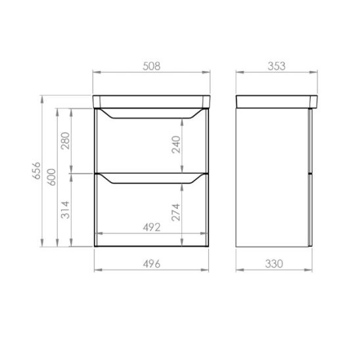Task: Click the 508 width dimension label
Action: tap(152, 66)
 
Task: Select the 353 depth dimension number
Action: tap(277, 66)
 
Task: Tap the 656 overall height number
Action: tap(37, 171)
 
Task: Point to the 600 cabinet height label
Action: tap(52, 177)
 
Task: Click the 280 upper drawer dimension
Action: tap(66, 141)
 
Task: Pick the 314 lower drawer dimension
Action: tap(66, 210)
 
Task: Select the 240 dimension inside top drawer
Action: tap(176, 145)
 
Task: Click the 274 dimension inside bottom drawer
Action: tap(176, 212)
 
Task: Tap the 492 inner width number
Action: tap(152, 227)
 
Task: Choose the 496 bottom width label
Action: tap(152, 264)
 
